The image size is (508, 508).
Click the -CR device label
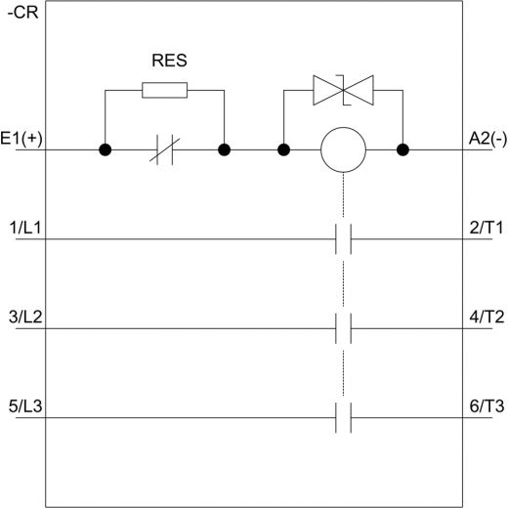[22, 13]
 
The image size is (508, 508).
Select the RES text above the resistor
[169, 61]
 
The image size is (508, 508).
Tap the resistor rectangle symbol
[165, 90]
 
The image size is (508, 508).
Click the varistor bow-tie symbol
[343, 90]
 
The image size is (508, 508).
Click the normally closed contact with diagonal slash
[165, 149]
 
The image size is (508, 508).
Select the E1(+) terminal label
[21, 139]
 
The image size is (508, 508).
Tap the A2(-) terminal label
[487, 139]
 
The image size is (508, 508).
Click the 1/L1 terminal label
[25, 228]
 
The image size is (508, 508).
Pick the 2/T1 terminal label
[487, 228]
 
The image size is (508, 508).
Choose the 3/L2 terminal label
[25, 317]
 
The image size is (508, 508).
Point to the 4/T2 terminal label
[487, 317]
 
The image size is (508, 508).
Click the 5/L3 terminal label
[25, 406]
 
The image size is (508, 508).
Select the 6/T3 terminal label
[487, 406]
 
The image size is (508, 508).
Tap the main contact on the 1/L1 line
[343, 239]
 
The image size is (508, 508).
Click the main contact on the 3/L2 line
[343, 328]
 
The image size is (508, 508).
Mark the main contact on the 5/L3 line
[343, 417]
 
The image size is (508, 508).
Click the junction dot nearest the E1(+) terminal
[105, 149]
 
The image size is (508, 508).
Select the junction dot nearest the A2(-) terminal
[402, 149]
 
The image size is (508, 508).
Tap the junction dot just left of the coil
[283, 149]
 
